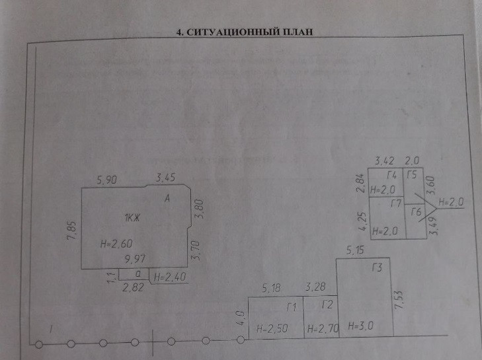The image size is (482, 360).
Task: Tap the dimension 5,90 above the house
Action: click(107, 178)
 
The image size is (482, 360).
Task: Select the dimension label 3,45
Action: click(166, 178)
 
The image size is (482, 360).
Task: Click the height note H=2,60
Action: click(114, 244)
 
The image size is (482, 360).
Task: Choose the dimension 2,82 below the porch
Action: click(135, 288)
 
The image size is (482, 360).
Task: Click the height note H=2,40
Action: click(169, 278)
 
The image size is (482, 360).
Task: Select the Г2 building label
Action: click(326, 305)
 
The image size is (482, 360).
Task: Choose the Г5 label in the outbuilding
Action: click(412, 175)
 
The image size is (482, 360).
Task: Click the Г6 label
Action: click(416, 211)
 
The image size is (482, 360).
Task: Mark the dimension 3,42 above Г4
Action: click(385, 161)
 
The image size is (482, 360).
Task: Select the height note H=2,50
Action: click(272, 327)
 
